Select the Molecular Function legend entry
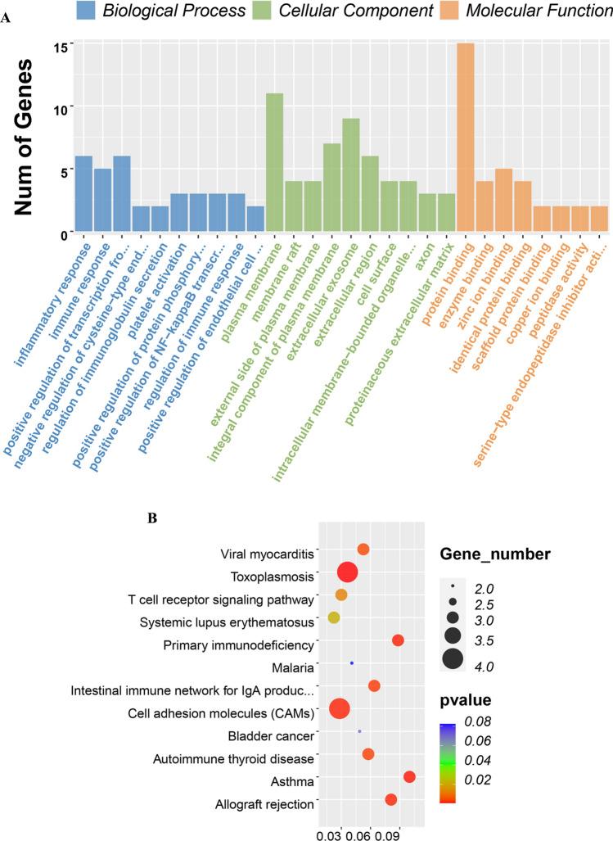coord(539,11)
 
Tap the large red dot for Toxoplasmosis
coord(347,572)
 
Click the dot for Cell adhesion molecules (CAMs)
coord(339,709)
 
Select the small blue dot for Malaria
coord(352,663)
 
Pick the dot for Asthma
coord(409,777)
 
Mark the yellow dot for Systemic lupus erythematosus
coord(333,617)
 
